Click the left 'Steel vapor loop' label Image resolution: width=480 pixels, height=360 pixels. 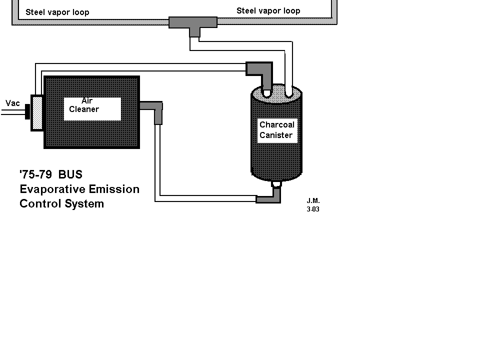click(57, 12)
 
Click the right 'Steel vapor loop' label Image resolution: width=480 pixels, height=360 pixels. click(268, 10)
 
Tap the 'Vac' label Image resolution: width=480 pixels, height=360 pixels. click(12, 103)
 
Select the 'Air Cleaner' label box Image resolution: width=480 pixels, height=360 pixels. click(92, 108)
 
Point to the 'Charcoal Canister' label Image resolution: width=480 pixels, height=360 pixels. click(277, 130)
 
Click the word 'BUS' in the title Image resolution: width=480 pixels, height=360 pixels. click(70, 175)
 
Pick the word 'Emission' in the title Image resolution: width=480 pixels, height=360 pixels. click(114, 189)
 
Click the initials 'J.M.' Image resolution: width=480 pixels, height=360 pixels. click(313, 201)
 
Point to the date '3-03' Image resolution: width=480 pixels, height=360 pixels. click(313, 209)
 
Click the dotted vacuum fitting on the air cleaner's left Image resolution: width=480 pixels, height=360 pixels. click(37, 112)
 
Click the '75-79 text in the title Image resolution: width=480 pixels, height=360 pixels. click(35, 175)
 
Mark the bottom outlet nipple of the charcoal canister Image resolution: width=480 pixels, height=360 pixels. click(276, 184)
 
